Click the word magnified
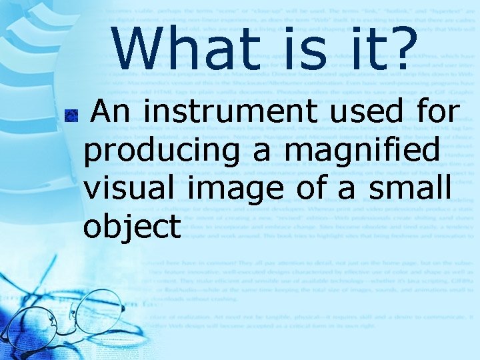(x=362, y=151)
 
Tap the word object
(x=132, y=228)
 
